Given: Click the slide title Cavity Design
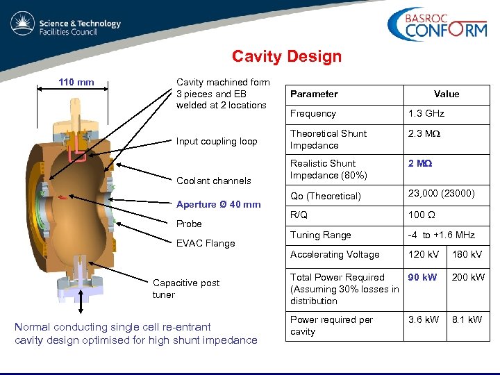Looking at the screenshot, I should click(287, 56).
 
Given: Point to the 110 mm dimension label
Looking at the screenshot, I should click(76, 83).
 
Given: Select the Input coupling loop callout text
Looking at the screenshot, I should click(217, 142).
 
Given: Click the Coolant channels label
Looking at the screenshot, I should click(214, 181).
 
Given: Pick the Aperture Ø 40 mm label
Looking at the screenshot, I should click(218, 205).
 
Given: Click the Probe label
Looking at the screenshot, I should click(189, 224).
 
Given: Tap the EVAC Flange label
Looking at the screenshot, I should click(206, 244).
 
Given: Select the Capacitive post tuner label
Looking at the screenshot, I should click(185, 289).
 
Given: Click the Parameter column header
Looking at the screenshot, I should click(314, 94).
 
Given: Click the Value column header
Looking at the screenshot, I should click(447, 94).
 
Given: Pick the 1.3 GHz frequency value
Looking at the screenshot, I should click(426, 114).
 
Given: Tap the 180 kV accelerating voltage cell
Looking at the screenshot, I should click(467, 255).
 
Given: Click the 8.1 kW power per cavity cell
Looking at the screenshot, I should click(467, 320).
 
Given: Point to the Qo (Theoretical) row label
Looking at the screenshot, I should click(326, 197).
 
